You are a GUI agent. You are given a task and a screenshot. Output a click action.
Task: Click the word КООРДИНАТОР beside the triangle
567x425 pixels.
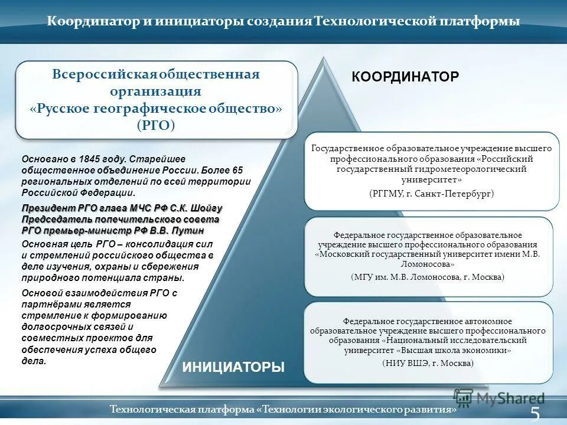pos(405,77)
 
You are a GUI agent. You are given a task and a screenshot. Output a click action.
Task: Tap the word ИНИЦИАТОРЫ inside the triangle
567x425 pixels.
pos(233,367)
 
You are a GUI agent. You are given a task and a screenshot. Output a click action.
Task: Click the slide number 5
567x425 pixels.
pos(535,414)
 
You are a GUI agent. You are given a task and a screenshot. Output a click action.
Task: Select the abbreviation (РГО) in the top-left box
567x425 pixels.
pos(156,125)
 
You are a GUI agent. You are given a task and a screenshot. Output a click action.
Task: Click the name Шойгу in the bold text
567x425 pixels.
pos(206,208)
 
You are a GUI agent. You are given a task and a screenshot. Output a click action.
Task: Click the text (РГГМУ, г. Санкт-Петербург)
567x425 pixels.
pos(431,194)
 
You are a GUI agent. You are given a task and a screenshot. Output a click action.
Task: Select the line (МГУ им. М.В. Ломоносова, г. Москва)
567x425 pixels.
pos(428,276)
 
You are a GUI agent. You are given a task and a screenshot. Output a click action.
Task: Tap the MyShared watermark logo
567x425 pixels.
pos(500,398)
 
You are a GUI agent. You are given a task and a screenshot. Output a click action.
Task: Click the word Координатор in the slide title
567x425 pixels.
pos(93,22)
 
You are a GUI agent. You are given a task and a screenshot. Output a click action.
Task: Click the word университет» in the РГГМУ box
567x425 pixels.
pos(432,179)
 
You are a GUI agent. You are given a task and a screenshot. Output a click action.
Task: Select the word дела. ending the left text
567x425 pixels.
pos(34,360)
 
